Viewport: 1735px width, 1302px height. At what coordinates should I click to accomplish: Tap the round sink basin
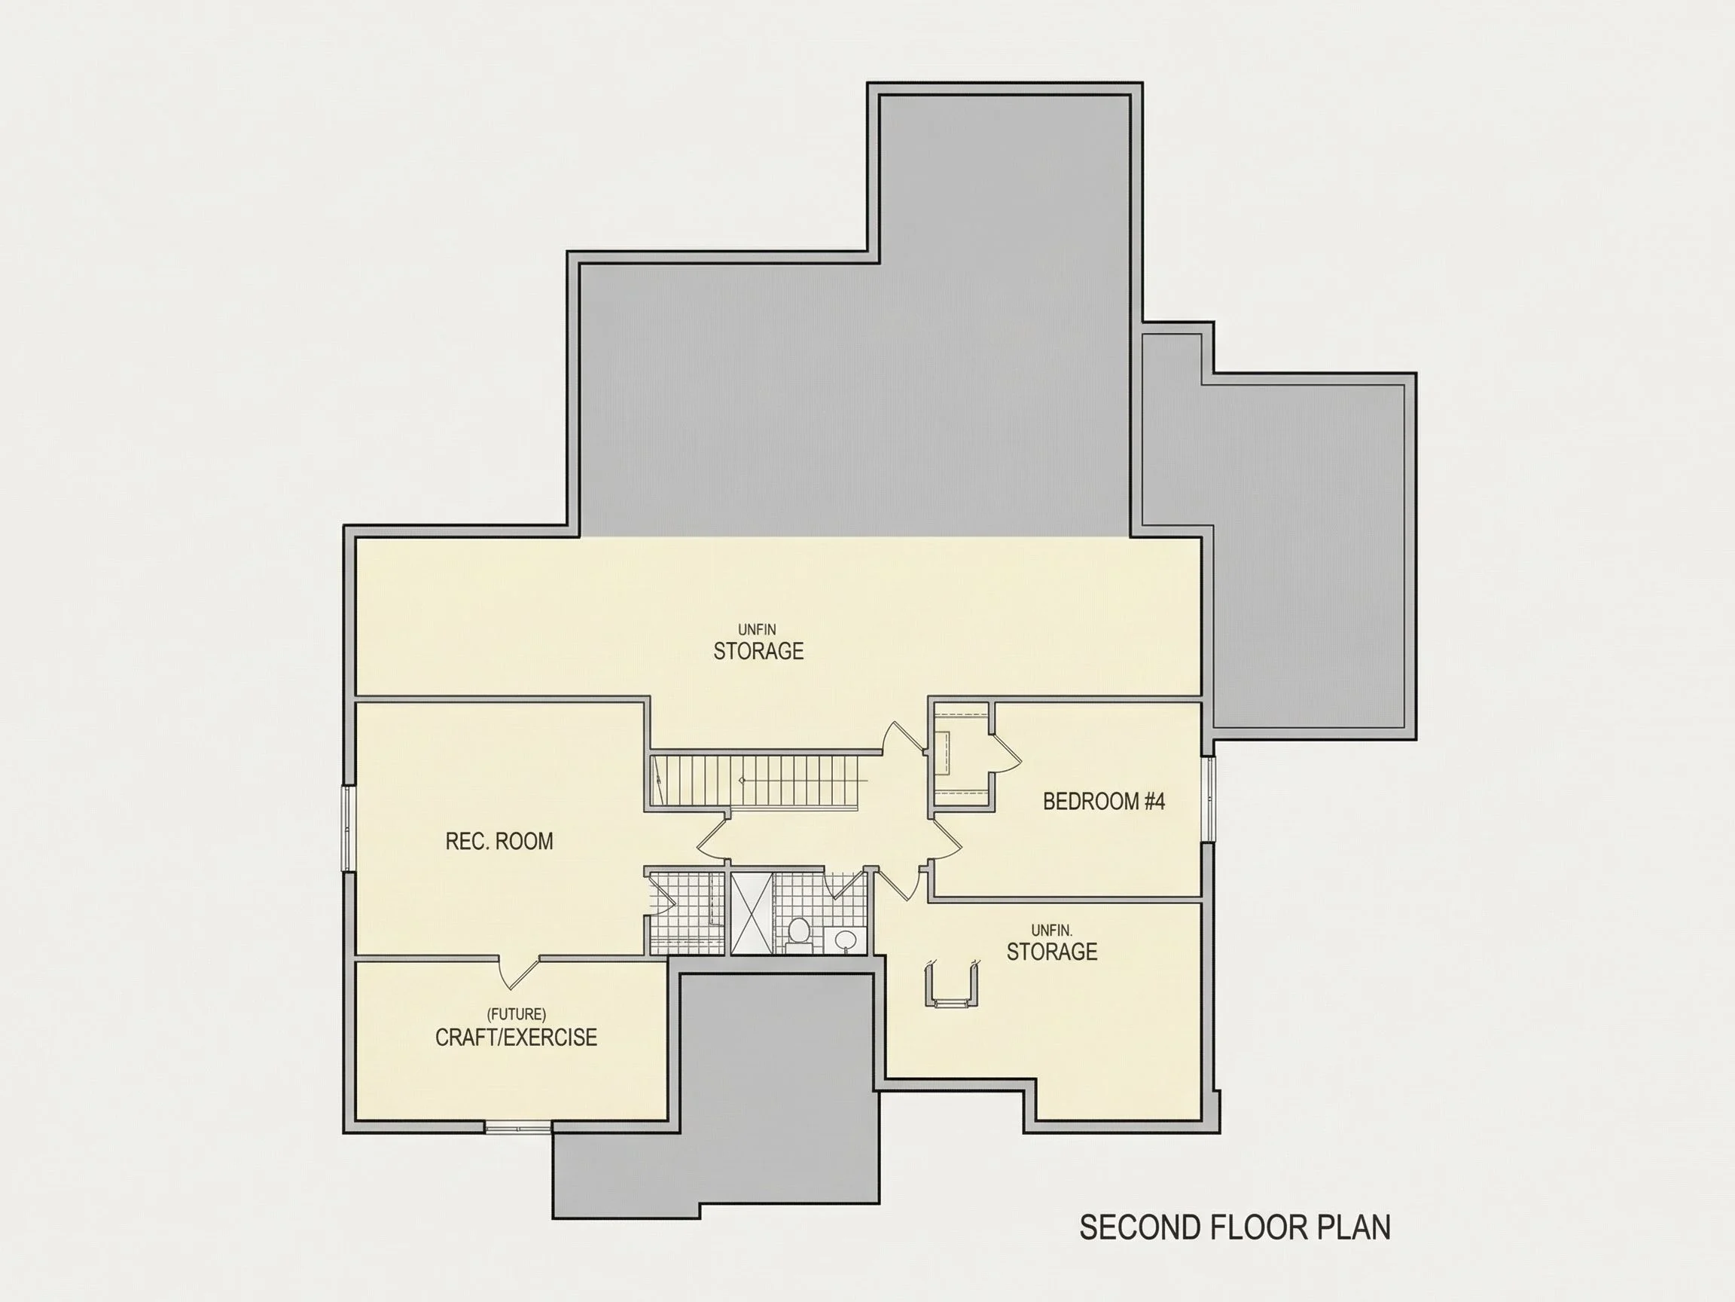click(845, 940)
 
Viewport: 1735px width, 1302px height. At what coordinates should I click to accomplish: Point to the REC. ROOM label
click(499, 842)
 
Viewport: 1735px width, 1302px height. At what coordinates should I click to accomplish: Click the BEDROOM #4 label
click(1104, 801)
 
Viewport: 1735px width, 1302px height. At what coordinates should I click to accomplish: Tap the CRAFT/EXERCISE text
click(516, 1038)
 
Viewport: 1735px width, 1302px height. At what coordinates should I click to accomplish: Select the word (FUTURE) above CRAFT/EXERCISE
click(516, 1014)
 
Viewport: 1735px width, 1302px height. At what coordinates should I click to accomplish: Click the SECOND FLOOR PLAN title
click(1234, 1228)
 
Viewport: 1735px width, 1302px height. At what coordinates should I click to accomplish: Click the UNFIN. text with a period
click(1052, 930)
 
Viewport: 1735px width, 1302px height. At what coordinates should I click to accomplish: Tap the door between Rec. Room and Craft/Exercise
click(518, 971)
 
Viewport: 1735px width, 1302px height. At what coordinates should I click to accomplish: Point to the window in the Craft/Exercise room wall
click(517, 1128)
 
